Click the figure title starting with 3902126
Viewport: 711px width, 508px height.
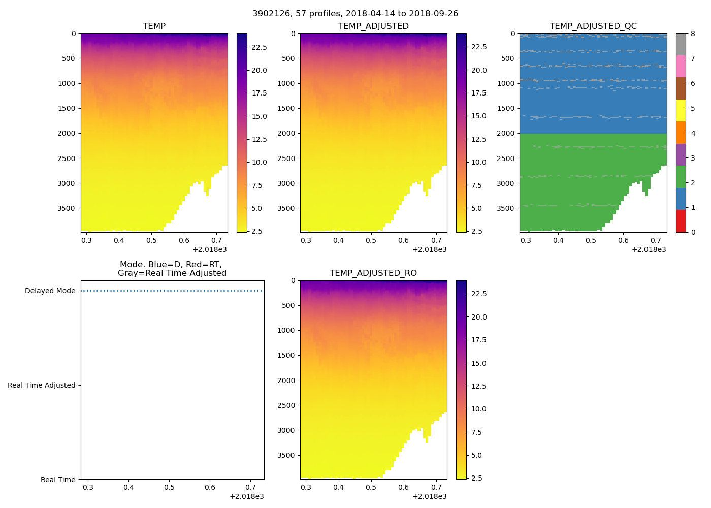(355, 14)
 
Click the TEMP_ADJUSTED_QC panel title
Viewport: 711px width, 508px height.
(593, 26)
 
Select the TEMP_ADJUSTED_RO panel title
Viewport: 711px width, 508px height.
(373, 273)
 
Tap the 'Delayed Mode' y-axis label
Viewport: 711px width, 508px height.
(50, 291)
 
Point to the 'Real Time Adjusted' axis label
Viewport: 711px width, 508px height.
(42, 386)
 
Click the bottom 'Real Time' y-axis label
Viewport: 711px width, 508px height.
(58, 480)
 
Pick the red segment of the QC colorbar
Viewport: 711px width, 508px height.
(681, 221)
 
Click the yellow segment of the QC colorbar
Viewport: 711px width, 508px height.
(681, 111)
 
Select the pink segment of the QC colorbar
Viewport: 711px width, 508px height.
(681, 67)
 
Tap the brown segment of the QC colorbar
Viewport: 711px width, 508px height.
(681, 88)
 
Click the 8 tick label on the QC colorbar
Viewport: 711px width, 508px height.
(693, 34)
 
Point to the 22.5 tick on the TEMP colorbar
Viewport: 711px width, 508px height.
(260, 47)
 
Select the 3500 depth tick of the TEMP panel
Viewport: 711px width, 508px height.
(67, 208)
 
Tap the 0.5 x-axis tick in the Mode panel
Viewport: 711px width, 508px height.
(169, 488)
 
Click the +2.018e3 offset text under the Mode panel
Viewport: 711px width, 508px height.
(246, 496)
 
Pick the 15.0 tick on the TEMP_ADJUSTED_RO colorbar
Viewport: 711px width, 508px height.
(479, 363)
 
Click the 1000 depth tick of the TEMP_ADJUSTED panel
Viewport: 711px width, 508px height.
(286, 83)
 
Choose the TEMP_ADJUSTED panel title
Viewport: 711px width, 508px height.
(373, 26)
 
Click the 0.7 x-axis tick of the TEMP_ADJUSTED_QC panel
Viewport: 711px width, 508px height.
(656, 241)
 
